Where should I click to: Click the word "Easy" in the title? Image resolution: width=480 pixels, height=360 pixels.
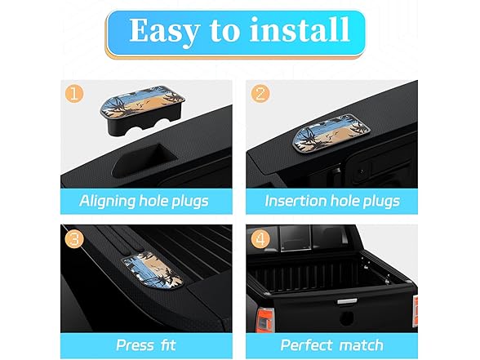164,32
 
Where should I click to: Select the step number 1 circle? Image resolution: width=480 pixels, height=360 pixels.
74,94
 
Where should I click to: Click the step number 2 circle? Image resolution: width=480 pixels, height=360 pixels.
260,93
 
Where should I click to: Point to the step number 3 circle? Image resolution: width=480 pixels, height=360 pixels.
74,238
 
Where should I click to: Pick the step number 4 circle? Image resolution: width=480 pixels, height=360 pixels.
260,238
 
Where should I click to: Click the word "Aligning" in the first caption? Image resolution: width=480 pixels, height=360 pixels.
107,202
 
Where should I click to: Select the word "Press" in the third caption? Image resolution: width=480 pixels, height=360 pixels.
135,345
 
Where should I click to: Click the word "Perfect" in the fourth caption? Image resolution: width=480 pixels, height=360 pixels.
306,345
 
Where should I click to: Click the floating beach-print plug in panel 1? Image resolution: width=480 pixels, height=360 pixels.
142,110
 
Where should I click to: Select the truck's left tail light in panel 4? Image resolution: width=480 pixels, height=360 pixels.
265,320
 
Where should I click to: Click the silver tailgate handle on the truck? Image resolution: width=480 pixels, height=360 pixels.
347,301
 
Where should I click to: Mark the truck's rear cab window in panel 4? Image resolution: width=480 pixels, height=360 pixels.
296,238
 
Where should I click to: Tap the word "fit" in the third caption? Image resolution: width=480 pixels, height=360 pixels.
168,345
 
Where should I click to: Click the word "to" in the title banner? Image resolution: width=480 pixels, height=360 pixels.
224,30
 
